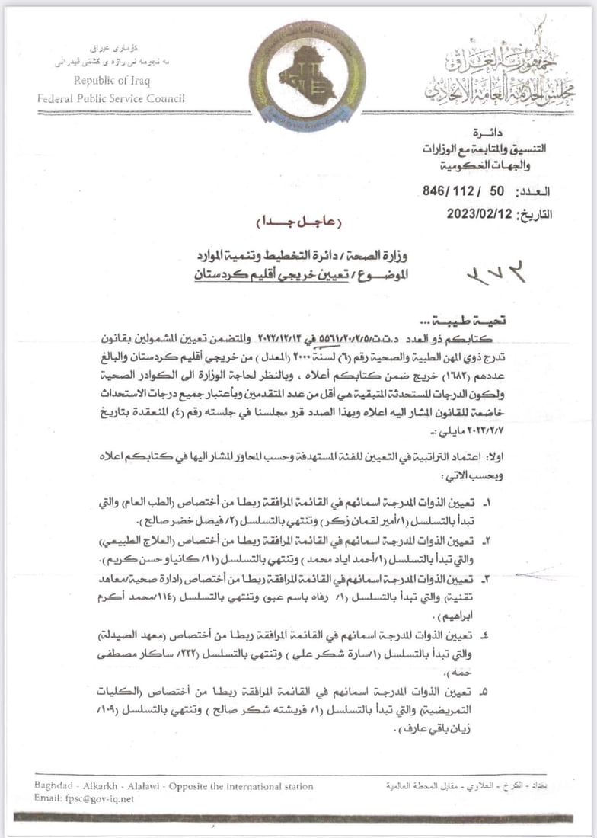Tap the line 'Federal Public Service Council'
[111, 98]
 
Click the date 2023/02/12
[481, 214]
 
